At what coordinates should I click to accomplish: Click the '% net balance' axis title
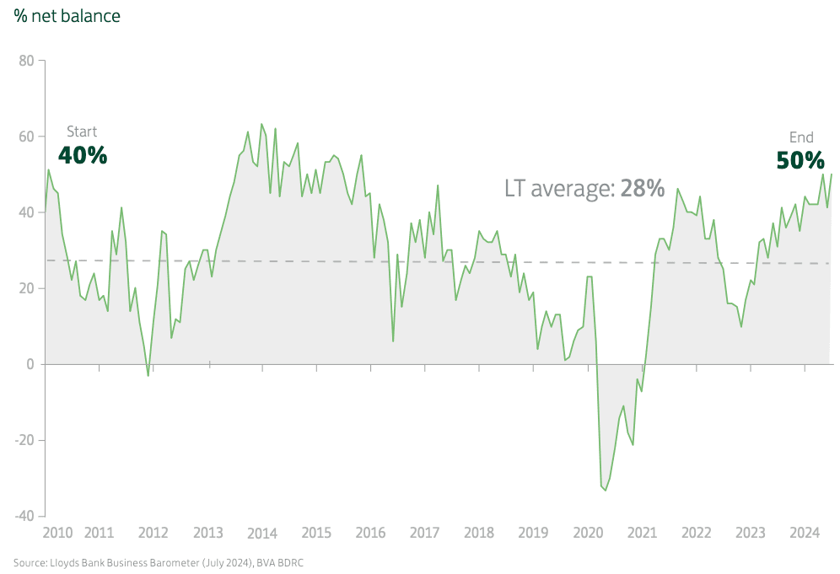pos(67,16)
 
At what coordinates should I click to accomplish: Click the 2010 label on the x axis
pos(57,533)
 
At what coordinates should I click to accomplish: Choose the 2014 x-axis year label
pos(262,533)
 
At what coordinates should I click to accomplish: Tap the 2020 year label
pos(588,533)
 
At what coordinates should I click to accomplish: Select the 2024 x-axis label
pos(805,533)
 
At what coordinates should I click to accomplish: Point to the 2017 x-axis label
pos(424,533)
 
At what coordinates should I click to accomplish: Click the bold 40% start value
pos(83,155)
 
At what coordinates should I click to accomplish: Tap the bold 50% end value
pos(800,160)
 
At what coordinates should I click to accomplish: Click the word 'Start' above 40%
pos(82,131)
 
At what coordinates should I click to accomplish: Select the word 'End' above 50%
pos(801,137)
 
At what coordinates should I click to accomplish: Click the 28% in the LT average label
pos(643,188)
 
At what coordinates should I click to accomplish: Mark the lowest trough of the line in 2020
pos(606,491)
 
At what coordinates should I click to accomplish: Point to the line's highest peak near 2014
pos(261,124)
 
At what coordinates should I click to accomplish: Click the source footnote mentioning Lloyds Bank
pos(158,562)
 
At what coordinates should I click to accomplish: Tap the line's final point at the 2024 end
pos(832,174)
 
